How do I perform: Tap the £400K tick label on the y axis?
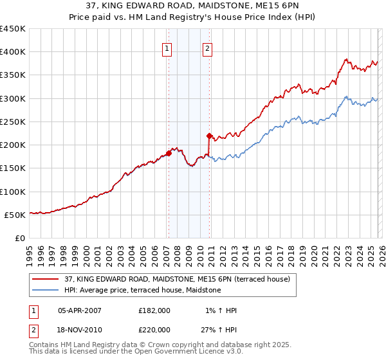tap(13, 52)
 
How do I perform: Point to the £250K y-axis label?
tap(13, 122)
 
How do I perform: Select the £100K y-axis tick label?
tap(13, 192)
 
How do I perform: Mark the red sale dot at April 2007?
tap(169, 153)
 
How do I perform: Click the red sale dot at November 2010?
tap(209, 136)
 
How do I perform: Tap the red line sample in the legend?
tap(46, 279)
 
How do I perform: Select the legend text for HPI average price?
tap(142, 291)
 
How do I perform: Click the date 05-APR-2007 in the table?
tap(79, 310)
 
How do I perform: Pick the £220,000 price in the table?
tap(154, 328)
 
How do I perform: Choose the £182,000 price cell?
tap(154, 310)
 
